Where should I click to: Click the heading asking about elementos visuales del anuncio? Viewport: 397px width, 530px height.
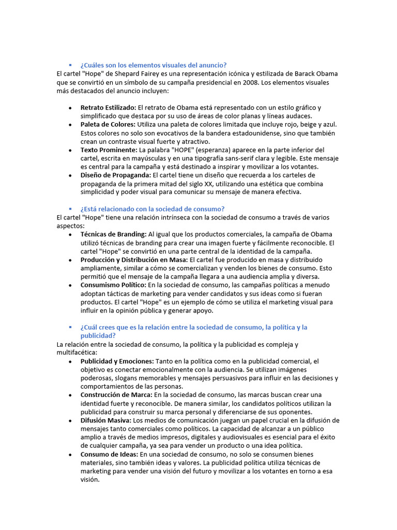point(153,65)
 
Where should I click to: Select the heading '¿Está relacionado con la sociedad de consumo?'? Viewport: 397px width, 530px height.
point(152,209)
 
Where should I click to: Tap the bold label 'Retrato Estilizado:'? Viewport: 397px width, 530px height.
point(108,108)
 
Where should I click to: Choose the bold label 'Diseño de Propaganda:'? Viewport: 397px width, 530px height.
point(115,175)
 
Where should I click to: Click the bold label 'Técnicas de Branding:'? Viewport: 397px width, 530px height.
point(113,234)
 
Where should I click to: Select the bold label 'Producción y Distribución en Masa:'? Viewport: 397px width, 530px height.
point(134,259)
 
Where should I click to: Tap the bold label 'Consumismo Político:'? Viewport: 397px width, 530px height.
point(113,285)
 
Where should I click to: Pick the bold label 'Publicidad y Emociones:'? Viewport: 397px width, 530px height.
point(117,361)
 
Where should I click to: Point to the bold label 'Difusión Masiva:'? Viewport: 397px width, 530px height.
point(105,420)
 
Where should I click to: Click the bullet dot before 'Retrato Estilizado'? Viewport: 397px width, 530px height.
point(70,108)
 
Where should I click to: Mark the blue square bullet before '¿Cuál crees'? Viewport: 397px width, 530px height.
point(70,327)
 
